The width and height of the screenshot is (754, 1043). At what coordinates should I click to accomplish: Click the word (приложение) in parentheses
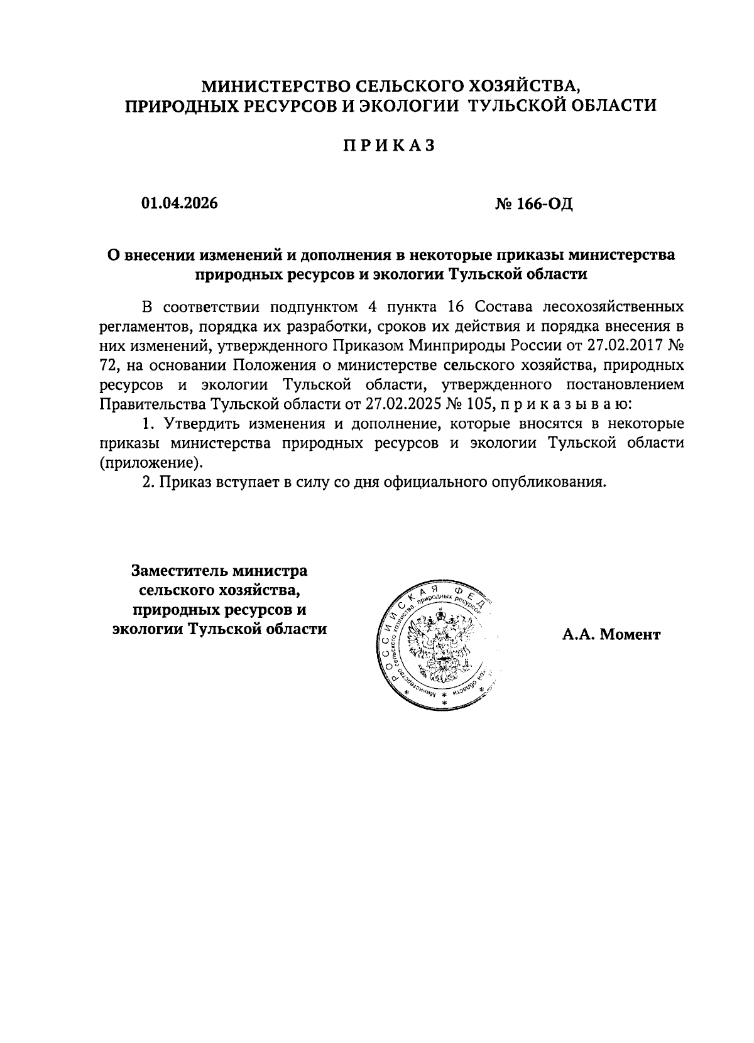[151, 463]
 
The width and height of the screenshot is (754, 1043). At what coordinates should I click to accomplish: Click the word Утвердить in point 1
[197, 424]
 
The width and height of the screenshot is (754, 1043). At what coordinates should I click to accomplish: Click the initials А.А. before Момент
[577, 635]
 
